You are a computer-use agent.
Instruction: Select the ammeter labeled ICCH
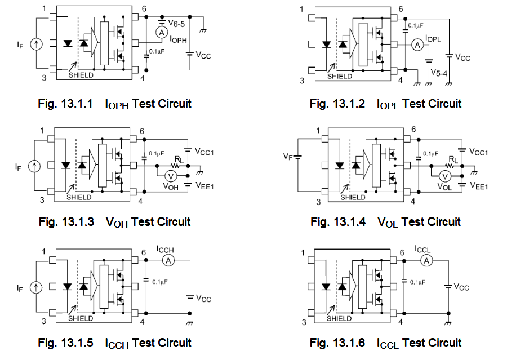tap(167, 259)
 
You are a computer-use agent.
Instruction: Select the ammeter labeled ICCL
tap(427, 260)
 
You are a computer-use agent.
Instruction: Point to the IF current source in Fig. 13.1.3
tap(35, 166)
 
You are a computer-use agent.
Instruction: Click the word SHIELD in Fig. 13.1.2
tap(340, 75)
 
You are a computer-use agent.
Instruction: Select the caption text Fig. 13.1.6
tap(337, 343)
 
